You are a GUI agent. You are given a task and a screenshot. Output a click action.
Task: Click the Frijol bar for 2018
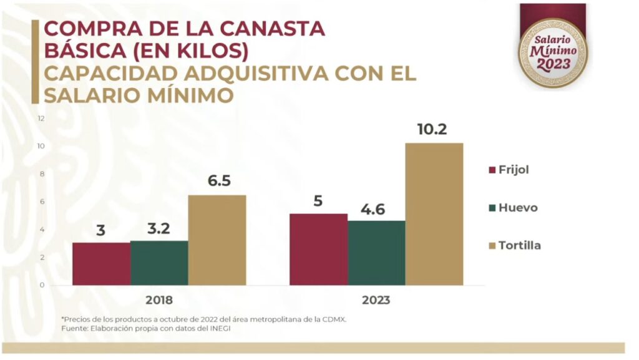point(101,263)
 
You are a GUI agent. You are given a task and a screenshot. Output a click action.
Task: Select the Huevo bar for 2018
point(159,263)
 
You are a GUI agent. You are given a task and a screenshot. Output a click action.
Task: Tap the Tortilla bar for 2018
point(217,240)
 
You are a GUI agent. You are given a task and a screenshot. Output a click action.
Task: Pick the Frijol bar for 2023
point(318,249)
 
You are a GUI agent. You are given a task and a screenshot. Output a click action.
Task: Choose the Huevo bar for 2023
point(376,253)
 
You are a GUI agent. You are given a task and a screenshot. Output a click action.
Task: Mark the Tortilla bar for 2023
point(434,214)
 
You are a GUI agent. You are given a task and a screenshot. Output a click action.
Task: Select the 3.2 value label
point(159,228)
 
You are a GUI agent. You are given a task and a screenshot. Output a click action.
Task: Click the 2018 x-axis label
point(159,300)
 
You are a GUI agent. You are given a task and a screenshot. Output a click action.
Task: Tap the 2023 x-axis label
point(376,300)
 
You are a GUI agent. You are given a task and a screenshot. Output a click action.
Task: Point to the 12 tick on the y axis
point(41,118)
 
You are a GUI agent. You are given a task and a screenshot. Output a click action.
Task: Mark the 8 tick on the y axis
point(42,173)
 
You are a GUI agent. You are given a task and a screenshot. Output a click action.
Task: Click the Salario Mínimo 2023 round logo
point(553,52)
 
